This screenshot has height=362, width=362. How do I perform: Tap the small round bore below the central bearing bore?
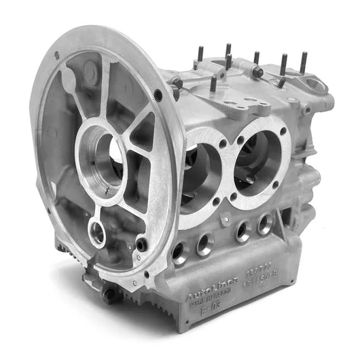(x=98, y=233)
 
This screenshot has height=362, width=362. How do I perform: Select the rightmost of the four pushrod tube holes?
(x=264, y=223)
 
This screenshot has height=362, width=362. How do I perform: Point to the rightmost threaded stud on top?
(x=302, y=63)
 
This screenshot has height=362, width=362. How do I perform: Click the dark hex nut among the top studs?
(x=257, y=71)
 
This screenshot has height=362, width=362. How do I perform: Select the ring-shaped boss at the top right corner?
(x=316, y=85)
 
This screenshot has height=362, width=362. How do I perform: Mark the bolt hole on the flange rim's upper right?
(x=158, y=96)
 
